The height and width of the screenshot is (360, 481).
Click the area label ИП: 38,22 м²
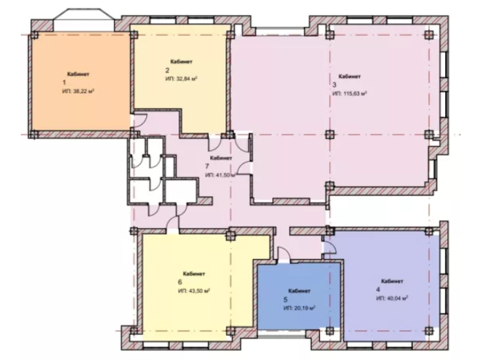pos(78,91)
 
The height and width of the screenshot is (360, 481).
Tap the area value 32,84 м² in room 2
pos(186,79)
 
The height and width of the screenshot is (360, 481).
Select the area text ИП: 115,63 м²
pos(350,93)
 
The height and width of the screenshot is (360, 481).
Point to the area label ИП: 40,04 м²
pos(392,298)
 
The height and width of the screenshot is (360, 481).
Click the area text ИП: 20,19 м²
pos(300,308)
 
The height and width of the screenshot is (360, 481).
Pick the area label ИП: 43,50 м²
pos(194,290)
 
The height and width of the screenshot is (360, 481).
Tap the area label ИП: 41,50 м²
pos(220,175)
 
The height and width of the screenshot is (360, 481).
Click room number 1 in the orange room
pos(64,82)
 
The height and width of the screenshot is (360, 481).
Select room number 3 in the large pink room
pos(334,85)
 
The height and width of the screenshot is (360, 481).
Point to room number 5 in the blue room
pos(285,299)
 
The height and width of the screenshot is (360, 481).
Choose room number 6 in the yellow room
pos(180,282)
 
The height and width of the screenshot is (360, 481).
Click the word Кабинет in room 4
pos(392,281)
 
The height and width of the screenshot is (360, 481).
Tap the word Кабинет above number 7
pos(221,158)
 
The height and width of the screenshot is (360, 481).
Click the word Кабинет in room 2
pos(181,62)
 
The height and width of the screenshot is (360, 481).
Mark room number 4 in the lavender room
pos(378,290)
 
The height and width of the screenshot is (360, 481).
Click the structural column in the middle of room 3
pos(330,134)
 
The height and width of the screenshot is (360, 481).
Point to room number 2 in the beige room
pos(167,70)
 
